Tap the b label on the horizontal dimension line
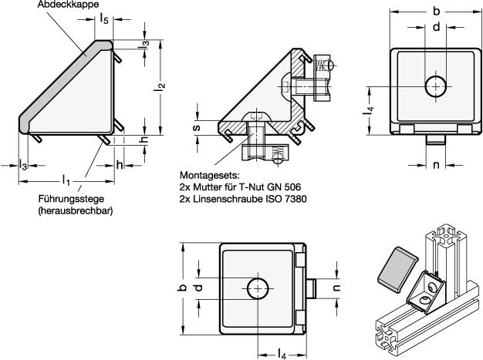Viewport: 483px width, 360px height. [x=437, y=12]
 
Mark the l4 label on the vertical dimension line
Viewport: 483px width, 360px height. [x=370, y=113]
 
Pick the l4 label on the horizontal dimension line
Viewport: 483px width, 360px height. [x=282, y=353]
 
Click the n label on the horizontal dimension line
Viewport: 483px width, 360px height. [x=436, y=164]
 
